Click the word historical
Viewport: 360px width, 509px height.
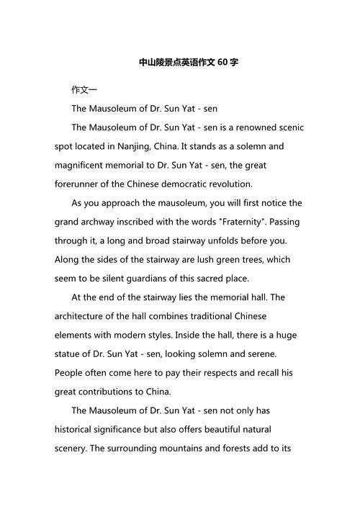click(x=78, y=429)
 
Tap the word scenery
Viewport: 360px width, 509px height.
click(x=73, y=448)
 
